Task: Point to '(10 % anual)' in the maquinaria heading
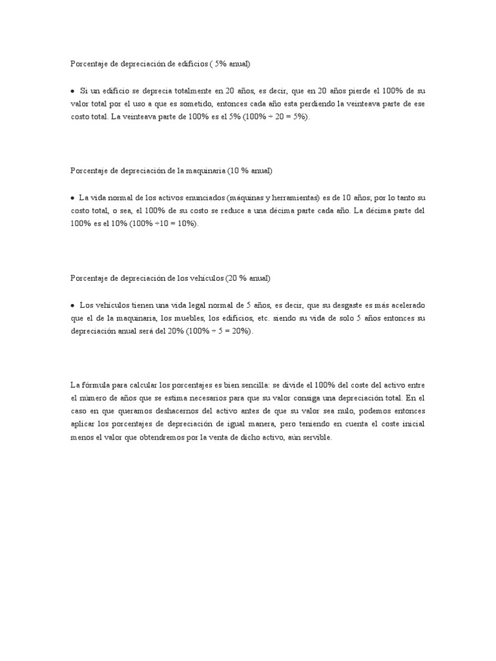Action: click(x=249, y=171)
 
